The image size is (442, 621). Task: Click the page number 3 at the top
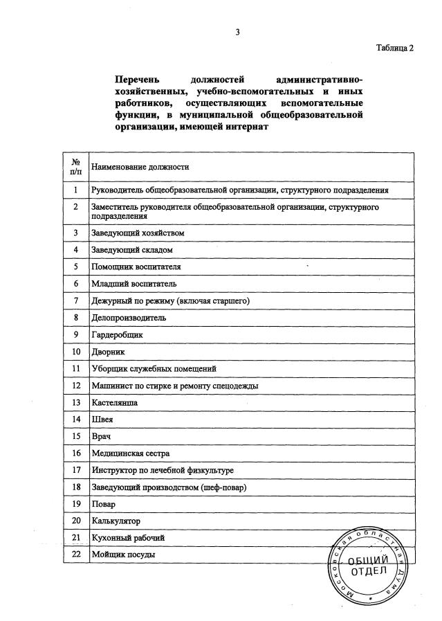pyautogui.click(x=237, y=32)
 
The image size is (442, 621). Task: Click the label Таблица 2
pyautogui.click(x=394, y=48)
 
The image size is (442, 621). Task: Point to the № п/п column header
pyautogui.click(x=75, y=166)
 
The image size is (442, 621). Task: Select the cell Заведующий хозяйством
pyautogui.click(x=138, y=233)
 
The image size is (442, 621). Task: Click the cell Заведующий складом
pyautogui.click(x=131, y=250)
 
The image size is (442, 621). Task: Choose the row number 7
pyautogui.click(x=75, y=301)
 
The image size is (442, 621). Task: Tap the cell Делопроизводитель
pyautogui.click(x=129, y=318)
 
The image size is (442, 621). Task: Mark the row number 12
pyautogui.click(x=75, y=386)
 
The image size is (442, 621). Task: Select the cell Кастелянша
pyautogui.click(x=114, y=402)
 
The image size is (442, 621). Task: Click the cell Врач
pyautogui.click(x=101, y=436)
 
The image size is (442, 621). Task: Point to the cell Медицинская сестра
pyautogui.click(x=130, y=453)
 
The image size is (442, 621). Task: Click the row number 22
pyautogui.click(x=75, y=555)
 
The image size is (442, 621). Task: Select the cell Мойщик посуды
pyautogui.click(x=123, y=555)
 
